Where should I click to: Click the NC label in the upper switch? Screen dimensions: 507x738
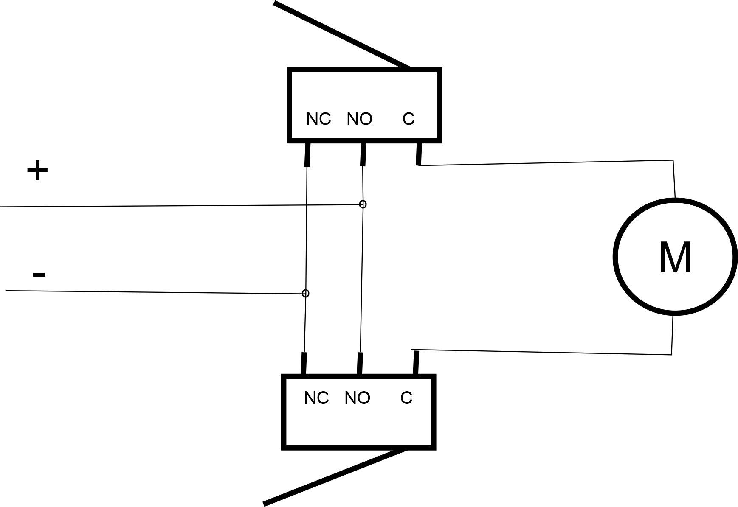[x=318, y=119]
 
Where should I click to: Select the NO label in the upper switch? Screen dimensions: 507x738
[x=359, y=119]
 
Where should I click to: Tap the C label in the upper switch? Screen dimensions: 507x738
[x=408, y=119]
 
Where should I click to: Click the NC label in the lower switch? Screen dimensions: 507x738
[x=316, y=398]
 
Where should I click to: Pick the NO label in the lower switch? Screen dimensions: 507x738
[x=357, y=398]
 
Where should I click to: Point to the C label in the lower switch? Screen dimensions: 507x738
[x=406, y=398]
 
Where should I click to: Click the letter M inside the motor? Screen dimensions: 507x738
[x=675, y=257]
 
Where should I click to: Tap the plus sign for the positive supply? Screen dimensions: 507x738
[x=37, y=171]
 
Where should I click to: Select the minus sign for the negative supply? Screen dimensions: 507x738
[x=39, y=275]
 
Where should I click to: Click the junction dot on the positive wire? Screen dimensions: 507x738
[x=363, y=204]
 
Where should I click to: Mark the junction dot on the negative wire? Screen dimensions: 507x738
[x=305, y=293]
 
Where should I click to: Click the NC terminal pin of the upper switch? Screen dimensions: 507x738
[x=307, y=154]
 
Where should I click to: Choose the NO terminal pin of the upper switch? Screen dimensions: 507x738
[x=363, y=154]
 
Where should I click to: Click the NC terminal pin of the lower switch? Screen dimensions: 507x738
[x=304, y=363]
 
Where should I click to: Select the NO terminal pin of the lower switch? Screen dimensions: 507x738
[x=360, y=363]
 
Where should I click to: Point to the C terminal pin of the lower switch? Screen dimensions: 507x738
[x=416, y=362]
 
